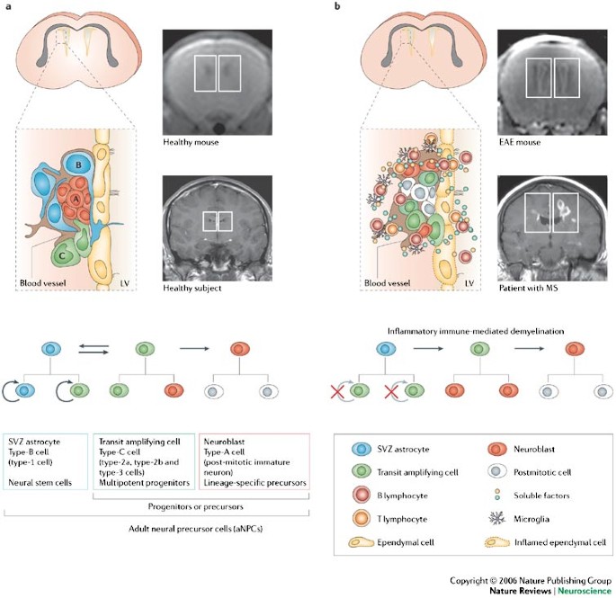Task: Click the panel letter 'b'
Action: click(337, 6)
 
